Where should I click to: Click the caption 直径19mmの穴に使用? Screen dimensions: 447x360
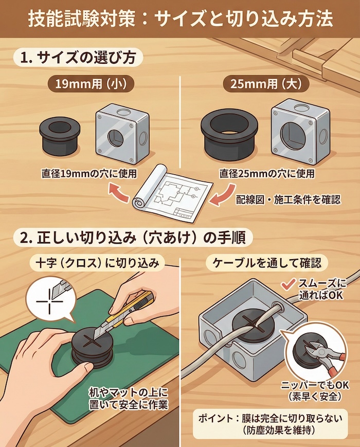pos(89,173)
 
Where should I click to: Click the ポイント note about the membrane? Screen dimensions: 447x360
pos(267,423)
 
